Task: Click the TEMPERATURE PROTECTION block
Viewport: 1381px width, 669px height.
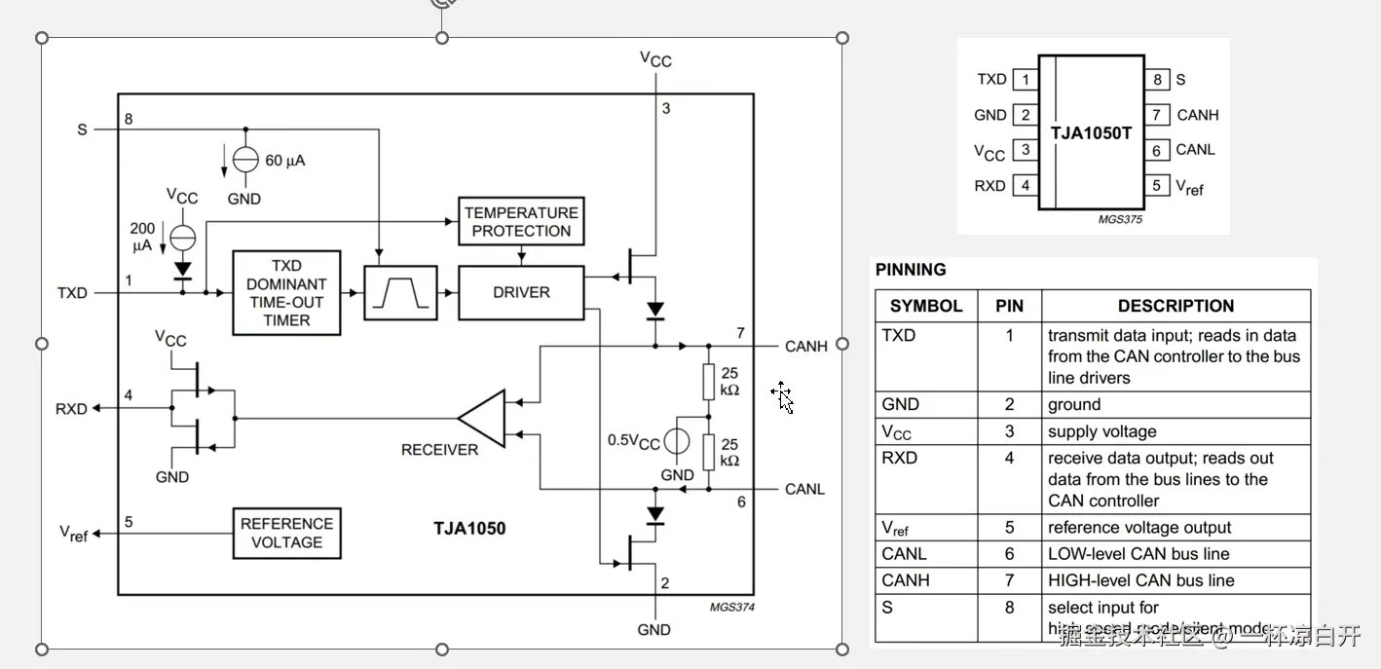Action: tap(521, 222)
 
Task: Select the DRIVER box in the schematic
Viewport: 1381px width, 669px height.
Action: tap(521, 292)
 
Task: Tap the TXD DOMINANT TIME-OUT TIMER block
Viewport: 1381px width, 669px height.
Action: tap(286, 293)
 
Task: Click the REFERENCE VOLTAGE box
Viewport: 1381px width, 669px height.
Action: tap(286, 533)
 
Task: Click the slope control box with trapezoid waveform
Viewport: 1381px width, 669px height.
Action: tap(400, 292)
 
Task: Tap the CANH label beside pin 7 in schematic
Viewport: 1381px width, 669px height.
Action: tap(806, 346)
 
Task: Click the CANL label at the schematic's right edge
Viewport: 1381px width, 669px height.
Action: tap(805, 489)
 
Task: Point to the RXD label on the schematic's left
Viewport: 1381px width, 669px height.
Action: tap(71, 409)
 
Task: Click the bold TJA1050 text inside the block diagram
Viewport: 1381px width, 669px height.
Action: tap(469, 530)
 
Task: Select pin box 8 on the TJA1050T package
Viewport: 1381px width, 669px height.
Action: tap(1157, 80)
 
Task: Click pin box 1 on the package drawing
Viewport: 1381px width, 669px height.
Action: tap(1025, 80)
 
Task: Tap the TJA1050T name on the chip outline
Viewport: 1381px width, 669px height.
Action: tap(1091, 132)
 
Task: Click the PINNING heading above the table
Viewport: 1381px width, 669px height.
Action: tap(911, 270)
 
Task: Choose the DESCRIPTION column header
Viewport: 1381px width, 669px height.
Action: tap(1176, 306)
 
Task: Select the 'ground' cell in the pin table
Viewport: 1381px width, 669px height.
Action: tap(1074, 404)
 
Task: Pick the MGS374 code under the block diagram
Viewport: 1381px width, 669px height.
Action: tap(731, 608)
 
